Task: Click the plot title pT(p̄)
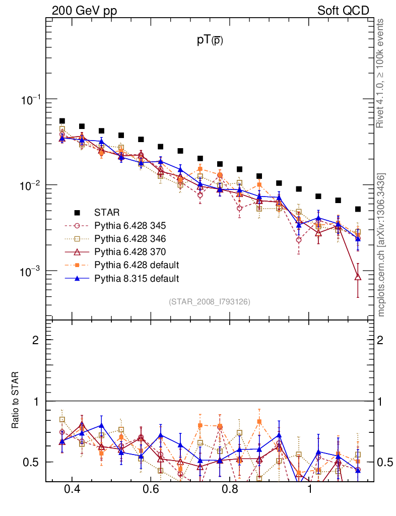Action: (x=210, y=41)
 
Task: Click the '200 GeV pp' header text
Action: (x=84, y=11)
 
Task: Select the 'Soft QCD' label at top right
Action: (x=343, y=11)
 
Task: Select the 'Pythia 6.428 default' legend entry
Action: (x=137, y=265)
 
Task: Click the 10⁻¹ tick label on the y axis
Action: (x=30, y=100)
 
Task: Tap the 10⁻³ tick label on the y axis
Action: (x=30, y=272)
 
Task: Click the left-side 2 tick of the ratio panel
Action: (x=36, y=340)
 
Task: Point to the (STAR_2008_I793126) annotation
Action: (x=209, y=302)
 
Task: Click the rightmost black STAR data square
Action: (x=358, y=209)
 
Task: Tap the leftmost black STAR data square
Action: (x=62, y=121)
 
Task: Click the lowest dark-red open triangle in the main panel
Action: (x=358, y=277)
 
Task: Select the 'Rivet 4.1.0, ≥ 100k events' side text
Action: (x=380, y=73)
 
